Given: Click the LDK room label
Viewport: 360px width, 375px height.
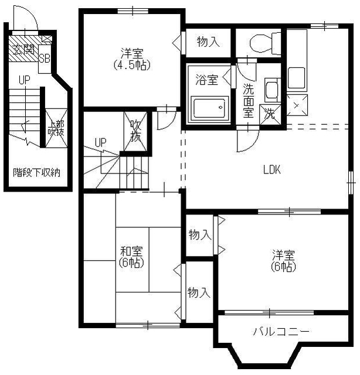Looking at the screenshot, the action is [271, 170].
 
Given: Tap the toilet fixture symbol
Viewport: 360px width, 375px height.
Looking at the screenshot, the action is [265, 43].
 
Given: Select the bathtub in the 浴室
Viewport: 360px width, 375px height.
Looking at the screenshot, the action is [209, 108].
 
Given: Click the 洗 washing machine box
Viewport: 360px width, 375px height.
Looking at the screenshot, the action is [270, 115].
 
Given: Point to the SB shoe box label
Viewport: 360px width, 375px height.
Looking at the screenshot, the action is [45, 59].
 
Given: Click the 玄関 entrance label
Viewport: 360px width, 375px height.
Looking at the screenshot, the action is [23, 50].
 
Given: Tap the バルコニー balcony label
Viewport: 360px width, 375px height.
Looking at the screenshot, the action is [281, 332].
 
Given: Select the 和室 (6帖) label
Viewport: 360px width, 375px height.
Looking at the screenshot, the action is [131, 257].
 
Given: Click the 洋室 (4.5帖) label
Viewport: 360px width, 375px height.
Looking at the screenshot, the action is [132, 59].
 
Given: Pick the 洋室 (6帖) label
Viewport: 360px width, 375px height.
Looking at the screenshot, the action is [283, 261].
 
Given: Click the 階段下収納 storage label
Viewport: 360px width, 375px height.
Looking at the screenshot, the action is [36, 172].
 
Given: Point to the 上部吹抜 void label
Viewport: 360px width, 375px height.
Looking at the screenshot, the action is [56, 128].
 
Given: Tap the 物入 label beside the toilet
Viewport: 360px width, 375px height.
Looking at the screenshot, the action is [208, 42].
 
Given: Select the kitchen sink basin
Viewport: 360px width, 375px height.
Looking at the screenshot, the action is [296, 78].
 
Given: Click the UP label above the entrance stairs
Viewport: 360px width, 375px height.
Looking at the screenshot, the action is [25, 80].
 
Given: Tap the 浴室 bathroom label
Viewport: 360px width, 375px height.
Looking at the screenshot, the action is [207, 80].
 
